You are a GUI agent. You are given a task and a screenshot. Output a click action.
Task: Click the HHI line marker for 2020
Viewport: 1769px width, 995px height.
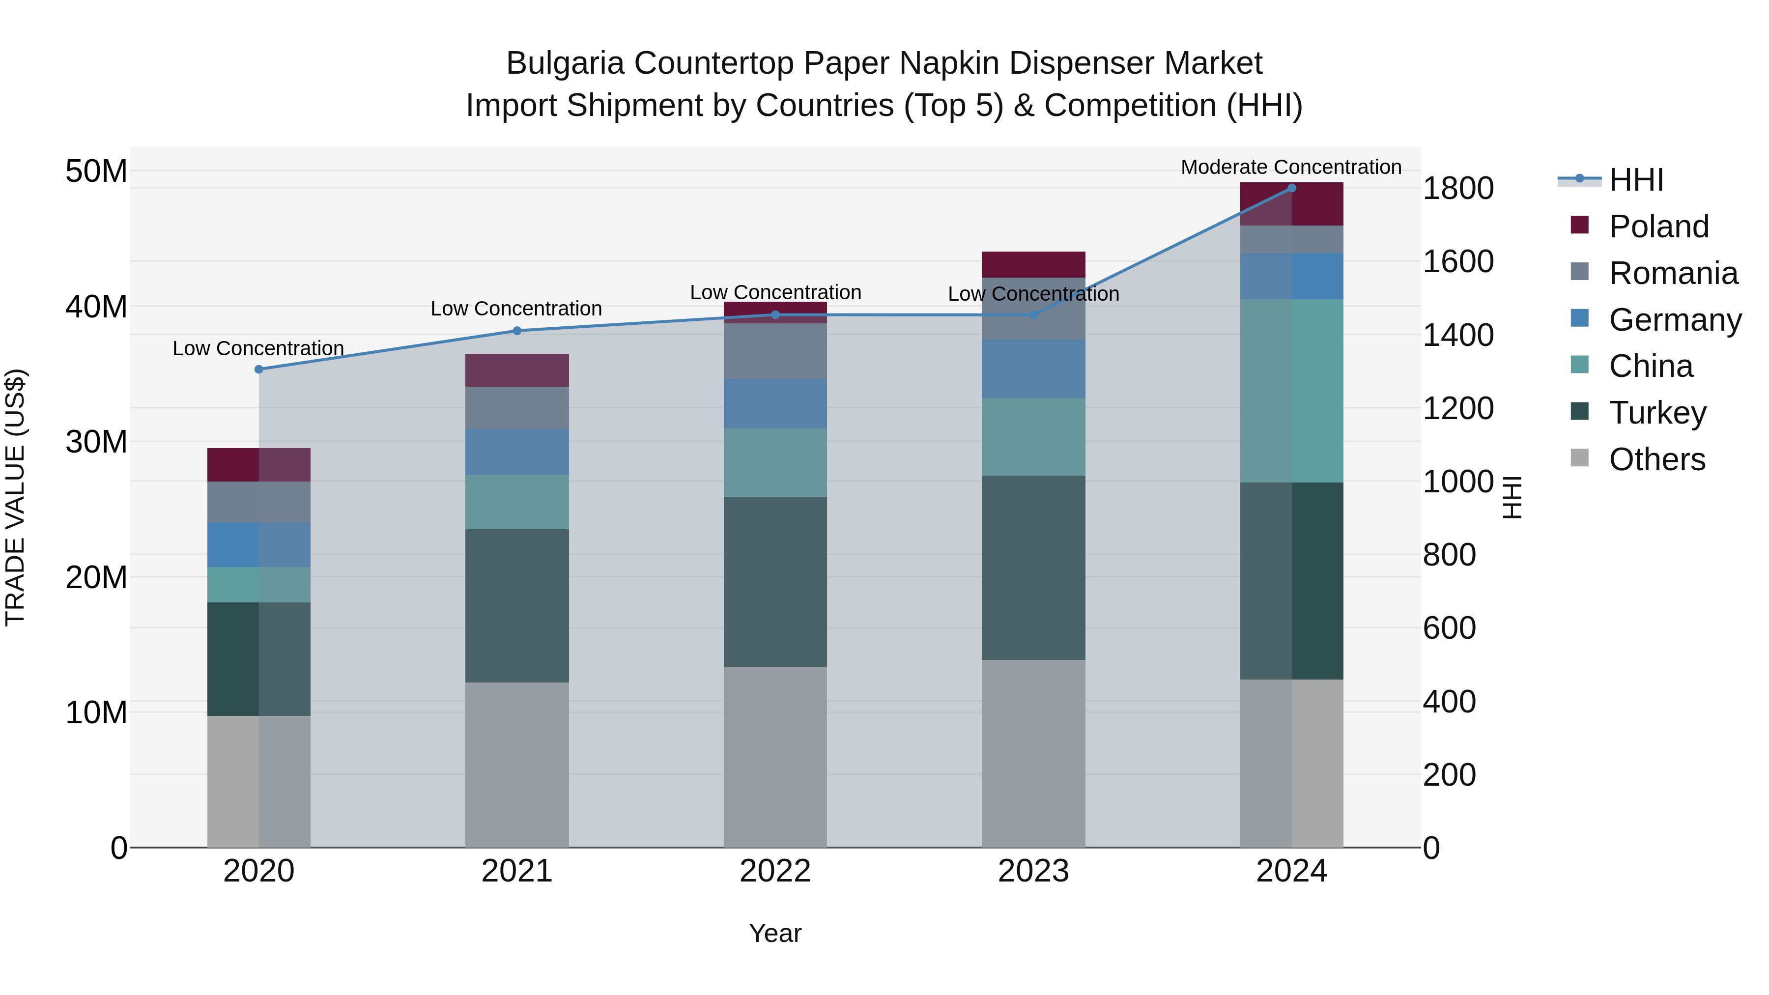[259, 370]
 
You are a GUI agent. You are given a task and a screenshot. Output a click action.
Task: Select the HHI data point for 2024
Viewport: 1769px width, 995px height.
[1292, 188]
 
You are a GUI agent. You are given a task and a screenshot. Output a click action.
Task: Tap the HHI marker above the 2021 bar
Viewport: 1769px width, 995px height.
[517, 331]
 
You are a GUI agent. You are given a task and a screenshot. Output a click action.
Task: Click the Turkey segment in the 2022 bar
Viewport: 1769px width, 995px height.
[775, 582]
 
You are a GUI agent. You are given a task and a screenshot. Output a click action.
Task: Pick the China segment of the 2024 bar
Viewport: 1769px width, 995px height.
[1292, 391]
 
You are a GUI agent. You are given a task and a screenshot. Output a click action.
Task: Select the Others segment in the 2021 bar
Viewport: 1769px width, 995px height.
[517, 764]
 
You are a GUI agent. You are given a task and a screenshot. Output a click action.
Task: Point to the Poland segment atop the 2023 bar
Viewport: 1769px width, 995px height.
[1033, 264]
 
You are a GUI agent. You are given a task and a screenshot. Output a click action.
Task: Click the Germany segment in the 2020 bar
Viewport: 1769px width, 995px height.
[259, 544]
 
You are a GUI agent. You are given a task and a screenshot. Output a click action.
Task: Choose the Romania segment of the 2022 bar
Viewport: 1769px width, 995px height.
[775, 351]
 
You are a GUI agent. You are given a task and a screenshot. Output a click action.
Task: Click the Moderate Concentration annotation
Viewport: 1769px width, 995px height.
[1291, 167]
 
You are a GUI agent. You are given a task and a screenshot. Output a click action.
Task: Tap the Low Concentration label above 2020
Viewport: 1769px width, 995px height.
[258, 348]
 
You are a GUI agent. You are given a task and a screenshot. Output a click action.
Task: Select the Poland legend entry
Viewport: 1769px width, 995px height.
[1658, 227]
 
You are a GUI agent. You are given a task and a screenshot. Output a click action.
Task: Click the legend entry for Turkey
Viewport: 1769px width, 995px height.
[1657, 413]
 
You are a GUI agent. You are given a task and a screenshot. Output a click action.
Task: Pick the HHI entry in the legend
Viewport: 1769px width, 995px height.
[1636, 180]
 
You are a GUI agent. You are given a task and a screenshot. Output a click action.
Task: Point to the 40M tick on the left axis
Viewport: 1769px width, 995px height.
[96, 306]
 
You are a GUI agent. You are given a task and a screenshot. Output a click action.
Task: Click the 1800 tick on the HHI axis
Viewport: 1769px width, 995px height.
[1458, 188]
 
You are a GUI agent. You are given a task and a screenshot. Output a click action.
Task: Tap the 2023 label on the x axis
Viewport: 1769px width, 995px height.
[1033, 871]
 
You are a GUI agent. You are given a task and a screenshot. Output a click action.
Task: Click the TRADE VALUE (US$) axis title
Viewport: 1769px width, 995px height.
[15, 497]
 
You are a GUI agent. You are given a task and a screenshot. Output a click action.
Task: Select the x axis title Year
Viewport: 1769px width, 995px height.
[775, 933]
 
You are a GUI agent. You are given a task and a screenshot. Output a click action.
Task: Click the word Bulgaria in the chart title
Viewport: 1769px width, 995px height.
[565, 63]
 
